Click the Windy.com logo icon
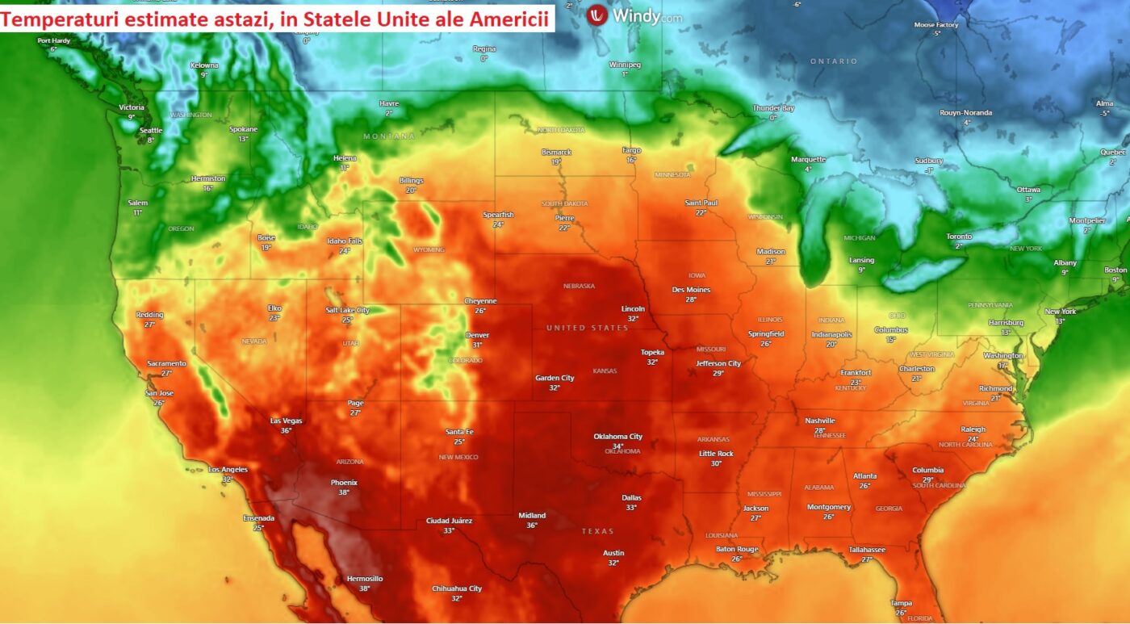(x=597, y=15)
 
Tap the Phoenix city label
(x=344, y=483)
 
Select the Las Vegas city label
(x=286, y=421)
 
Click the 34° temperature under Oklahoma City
(x=617, y=446)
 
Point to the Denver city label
(x=477, y=335)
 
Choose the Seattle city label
(x=151, y=130)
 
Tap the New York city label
(x=1061, y=312)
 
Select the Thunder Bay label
(x=773, y=108)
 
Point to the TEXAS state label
(x=598, y=531)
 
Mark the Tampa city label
(x=902, y=603)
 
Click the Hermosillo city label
(x=365, y=579)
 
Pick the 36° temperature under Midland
(x=532, y=525)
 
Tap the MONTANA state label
(x=389, y=136)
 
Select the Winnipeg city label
(x=625, y=65)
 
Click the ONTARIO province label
(x=835, y=61)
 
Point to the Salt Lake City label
(x=347, y=310)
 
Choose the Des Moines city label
(x=691, y=290)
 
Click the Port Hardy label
(x=53, y=40)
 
